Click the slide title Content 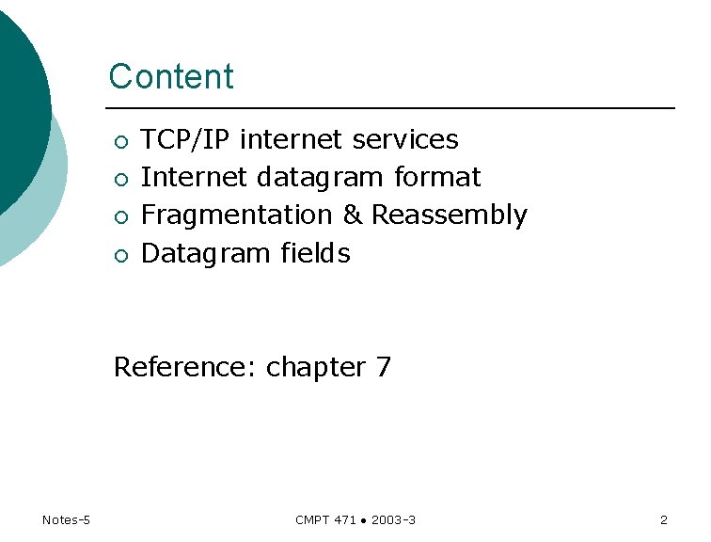coord(171,76)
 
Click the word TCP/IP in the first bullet coord(186,140)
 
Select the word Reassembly coord(450,216)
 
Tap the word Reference coord(184,367)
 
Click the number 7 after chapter coord(383,367)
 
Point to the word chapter coord(316,368)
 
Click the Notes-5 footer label coord(66,520)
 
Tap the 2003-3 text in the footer coord(394,520)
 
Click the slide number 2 coord(664,520)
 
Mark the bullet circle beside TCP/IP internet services coord(119,142)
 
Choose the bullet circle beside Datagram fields coord(119,255)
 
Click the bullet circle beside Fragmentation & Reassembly coord(119,217)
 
